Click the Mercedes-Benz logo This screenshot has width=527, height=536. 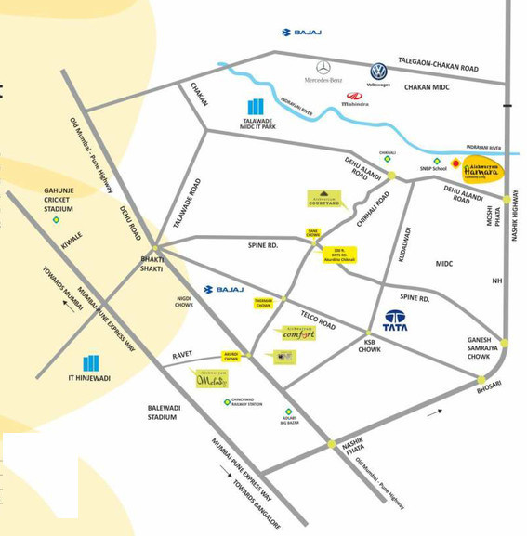tap(323, 68)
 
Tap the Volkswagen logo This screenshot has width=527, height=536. tap(378, 72)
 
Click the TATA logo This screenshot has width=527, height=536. tap(396, 320)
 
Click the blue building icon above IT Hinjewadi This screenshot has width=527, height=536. tap(91, 362)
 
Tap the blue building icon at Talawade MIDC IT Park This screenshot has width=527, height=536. tap(256, 107)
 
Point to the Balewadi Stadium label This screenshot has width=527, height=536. tap(162, 412)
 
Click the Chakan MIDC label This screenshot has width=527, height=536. tap(427, 86)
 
